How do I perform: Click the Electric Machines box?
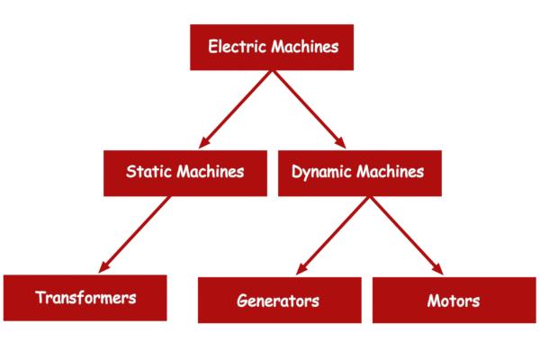pos(273,47)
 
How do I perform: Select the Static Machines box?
pos(184,171)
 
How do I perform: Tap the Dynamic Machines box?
pos(358,171)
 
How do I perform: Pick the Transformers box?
pos(85,297)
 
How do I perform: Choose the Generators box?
pos(279,300)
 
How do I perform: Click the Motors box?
pos(454,300)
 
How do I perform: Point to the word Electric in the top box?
pos(235,46)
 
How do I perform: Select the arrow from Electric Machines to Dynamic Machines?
pos(310,108)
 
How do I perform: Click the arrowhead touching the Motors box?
pos(436,267)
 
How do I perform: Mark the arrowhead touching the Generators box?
pos(299,267)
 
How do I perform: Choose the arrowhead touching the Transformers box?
pos(104,267)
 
